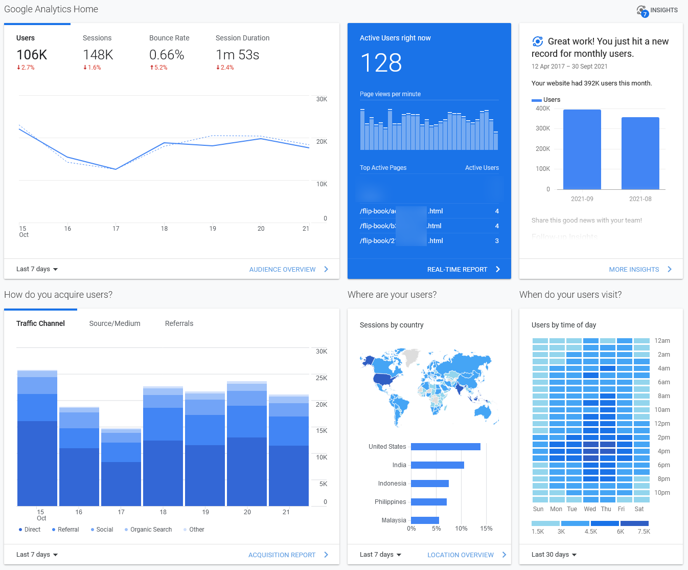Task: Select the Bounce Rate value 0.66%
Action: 167,55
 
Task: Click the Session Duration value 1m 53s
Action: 237,55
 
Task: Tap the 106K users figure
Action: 32,55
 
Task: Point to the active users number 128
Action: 381,63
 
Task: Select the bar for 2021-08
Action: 640,154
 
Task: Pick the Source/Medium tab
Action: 114,323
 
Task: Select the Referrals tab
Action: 179,323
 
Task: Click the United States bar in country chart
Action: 445,447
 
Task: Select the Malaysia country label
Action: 394,520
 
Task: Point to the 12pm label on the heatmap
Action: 662,424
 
